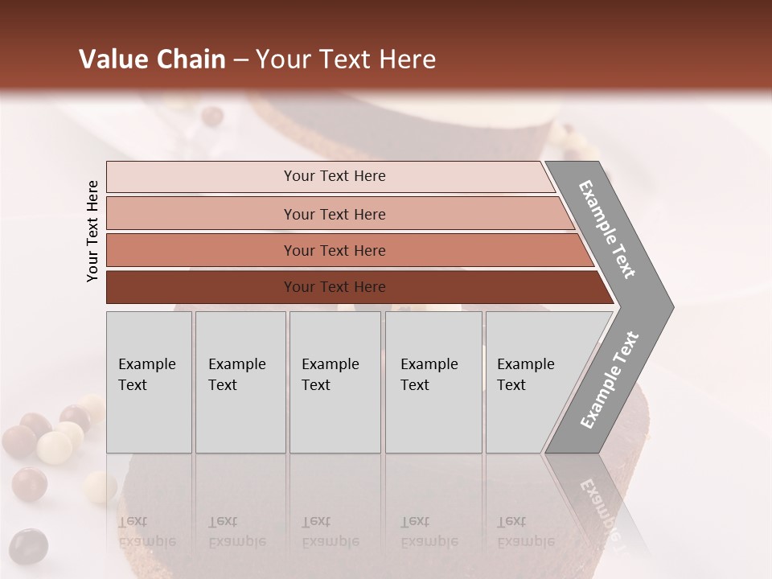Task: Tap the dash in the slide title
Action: coord(240,60)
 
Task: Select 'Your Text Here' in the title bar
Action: coord(346,60)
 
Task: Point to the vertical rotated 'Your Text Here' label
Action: coord(92,232)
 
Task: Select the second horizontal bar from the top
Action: coord(334,214)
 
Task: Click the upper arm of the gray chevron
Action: coord(608,230)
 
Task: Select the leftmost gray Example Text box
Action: coord(149,382)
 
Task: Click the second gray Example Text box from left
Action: coord(240,382)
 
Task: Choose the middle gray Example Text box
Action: coord(335,382)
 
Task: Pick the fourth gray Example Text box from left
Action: coord(433,382)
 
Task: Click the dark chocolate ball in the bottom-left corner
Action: coord(29,546)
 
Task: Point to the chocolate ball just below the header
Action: coord(212,116)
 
